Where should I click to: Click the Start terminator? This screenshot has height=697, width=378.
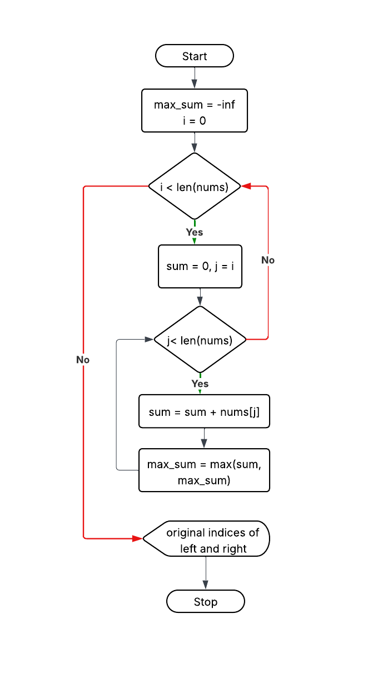point(195,56)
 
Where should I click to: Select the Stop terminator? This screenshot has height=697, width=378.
point(206,602)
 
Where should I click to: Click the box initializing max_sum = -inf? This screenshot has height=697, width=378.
point(195,111)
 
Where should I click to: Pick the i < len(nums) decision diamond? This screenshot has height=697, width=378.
point(195,186)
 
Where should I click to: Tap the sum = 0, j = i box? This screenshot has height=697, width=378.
point(200,266)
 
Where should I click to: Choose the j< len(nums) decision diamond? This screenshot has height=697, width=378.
point(200,340)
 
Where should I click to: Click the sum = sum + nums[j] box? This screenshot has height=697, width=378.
point(204,411)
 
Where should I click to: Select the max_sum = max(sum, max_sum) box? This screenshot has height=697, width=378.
point(204,470)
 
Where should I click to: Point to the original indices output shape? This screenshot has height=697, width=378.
point(207,539)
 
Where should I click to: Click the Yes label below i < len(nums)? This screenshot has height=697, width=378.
point(195,232)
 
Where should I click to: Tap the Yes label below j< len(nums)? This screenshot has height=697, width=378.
point(200,384)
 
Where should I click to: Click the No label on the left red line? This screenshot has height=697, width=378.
point(83,360)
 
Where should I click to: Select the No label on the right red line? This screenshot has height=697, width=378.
point(268,260)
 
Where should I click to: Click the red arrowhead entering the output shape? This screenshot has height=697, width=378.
point(138,538)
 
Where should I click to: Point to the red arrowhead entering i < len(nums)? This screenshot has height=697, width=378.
point(246,186)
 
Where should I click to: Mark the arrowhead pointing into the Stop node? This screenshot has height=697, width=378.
point(206,585)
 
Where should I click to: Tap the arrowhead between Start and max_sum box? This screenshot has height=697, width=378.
point(195,84)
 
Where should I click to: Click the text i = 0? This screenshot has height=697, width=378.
point(195,119)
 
